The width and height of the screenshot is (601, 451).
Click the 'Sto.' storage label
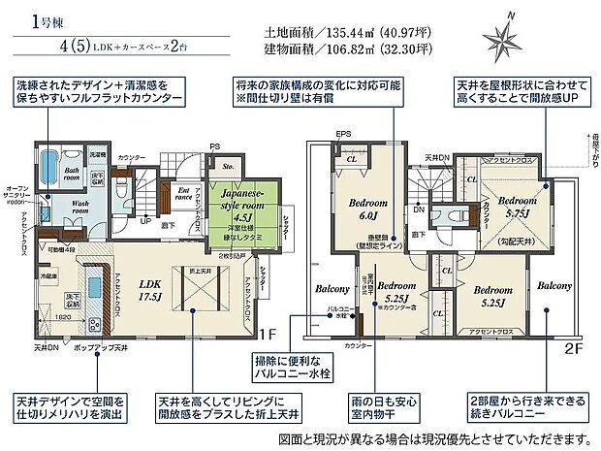click(229, 164)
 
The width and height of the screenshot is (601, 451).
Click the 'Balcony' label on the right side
click(555, 287)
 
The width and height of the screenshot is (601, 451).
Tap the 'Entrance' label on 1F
click(185, 193)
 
